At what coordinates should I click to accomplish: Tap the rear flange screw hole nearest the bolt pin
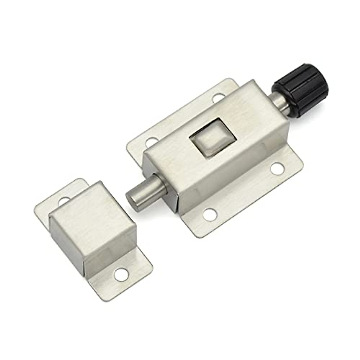152,140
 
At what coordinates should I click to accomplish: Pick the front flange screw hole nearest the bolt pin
209,214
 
